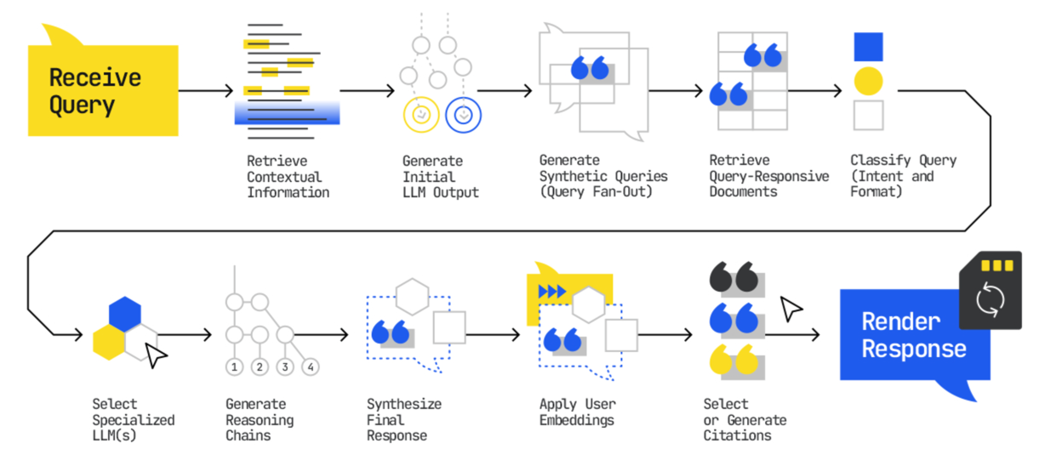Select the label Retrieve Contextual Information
pyautogui.click(x=288, y=176)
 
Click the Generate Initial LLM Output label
pyautogui.click(x=440, y=176)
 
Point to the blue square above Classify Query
pyautogui.click(x=868, y=47)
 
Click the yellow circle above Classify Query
pyautogui.click(x=868, y=81)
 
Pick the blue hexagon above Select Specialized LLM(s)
pyautogui.click(x=124, y=313)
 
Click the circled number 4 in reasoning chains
pyautogui.click(x=311, y=367)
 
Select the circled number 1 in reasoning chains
pyautogui.click(x=234, y=367)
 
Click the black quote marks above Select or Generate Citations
pyautogui.click(x=733, y=278)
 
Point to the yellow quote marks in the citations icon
pyautogui.click(x=733, y=360)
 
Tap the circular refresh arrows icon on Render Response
pyautogui.click(x=990, y=298)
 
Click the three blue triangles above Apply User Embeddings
pyautogui.click(x=552, y=292)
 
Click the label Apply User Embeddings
pyautogui.click(x=577, y=412)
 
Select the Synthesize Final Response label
pyautogui.click(x=404, y=419)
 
